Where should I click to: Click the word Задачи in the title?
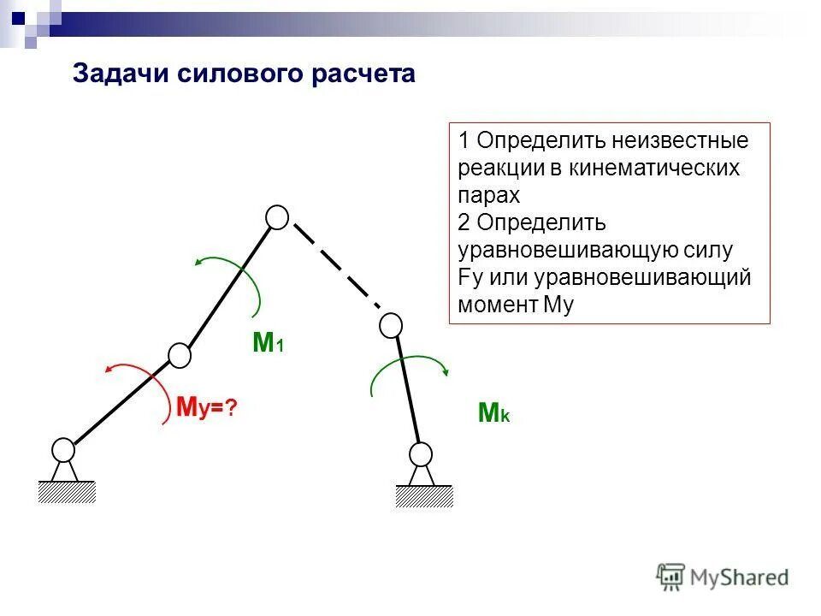[121, 74]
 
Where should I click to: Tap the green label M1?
[268, 343]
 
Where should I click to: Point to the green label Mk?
[493, 414]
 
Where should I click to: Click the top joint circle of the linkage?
[277, 218]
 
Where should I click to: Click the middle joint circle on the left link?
[180, 355]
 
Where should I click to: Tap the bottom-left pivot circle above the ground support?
[63, 449]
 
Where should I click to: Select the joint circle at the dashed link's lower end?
[391, 325]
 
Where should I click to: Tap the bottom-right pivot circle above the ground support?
[420, 453]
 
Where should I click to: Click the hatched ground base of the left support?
[66, 491]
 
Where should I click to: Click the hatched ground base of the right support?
[423, 496]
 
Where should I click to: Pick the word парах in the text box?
[489, 195]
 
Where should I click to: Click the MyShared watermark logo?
[723, 576]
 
